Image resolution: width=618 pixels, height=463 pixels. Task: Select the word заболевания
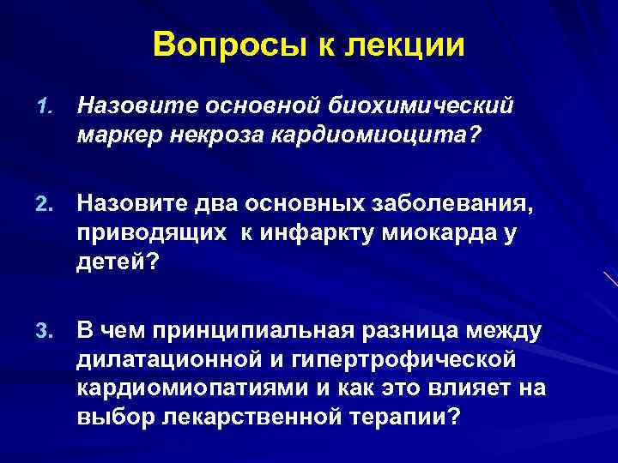449,203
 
